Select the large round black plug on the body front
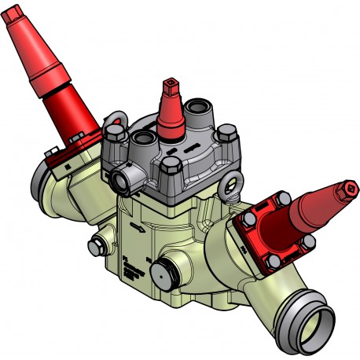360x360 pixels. click(x=162, y=276)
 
